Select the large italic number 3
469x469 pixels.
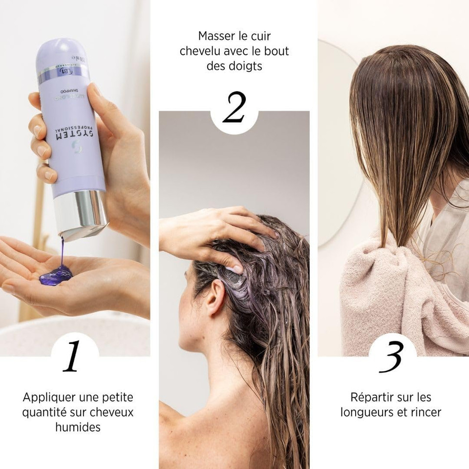coord(392,357)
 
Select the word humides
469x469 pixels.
coord(78,427)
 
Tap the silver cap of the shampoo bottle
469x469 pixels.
coord(80,213)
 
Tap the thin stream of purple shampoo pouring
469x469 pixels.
coord(62,252)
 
